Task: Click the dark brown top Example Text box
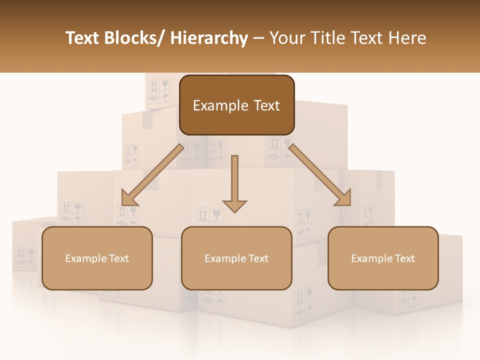point(236,105)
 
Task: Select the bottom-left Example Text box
point(97,258)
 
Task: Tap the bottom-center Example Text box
point(236,258)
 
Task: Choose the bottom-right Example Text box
point(383,258)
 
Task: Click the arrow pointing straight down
point(234,185)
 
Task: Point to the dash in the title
point(258,39)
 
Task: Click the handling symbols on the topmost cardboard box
point(159,90)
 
